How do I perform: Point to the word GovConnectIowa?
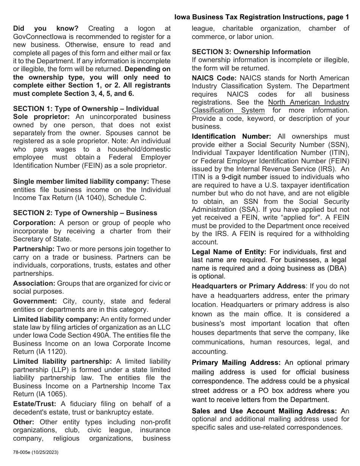(x=39, y=37)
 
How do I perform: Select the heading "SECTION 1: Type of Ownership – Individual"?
(x=86, y=109)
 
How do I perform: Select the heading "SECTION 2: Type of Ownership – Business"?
(x=85, y=213)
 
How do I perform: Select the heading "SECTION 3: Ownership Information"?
(x=251, y=52)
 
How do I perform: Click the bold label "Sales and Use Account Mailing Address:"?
(x=264, y=411)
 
